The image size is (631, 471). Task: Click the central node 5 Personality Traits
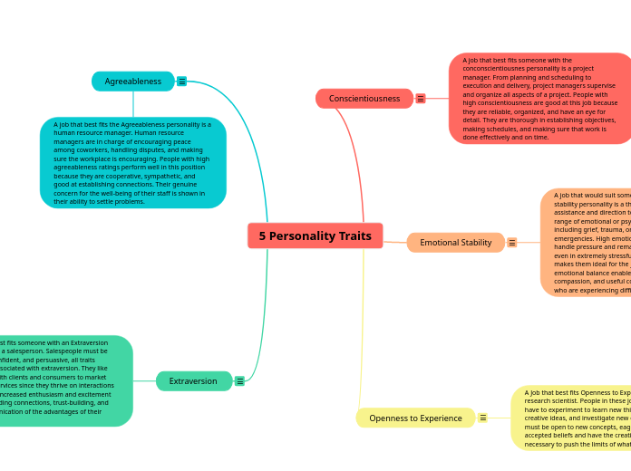[315, 235]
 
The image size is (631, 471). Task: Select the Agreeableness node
[132, 82]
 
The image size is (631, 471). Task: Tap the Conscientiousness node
[364, 98]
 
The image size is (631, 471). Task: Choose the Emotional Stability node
[455, 243]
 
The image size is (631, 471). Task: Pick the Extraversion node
[193, 381]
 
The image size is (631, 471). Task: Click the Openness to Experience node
[415, 418]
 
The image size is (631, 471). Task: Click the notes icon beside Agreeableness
[182, 82]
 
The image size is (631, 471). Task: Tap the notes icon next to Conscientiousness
[421, 98]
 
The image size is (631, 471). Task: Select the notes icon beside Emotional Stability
[512, 243]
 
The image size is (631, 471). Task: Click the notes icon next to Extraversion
[239, 381]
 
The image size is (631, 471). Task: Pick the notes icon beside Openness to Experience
[483, 418]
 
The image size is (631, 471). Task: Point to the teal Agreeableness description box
[132, 163]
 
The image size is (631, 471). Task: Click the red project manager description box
[539, 98]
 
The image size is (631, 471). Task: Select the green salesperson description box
[63, 381]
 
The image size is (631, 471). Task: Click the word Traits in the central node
[354, 235]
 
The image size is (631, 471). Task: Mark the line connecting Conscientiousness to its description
[437, 98]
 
